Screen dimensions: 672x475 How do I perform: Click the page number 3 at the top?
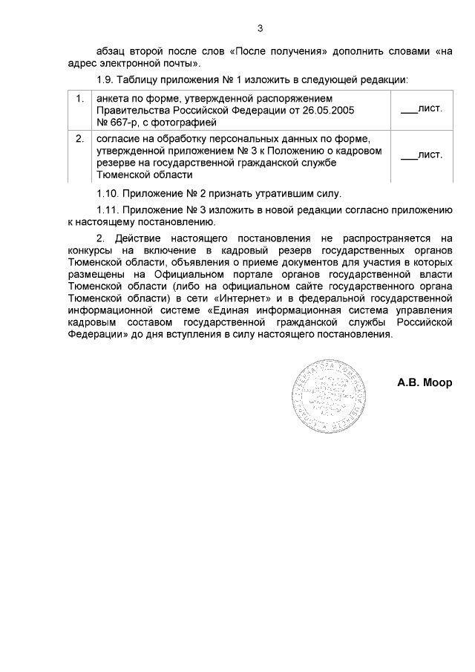260,29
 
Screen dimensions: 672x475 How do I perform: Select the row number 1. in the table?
79,98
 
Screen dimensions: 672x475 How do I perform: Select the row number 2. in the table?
79,139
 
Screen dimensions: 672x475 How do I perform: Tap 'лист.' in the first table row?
430,108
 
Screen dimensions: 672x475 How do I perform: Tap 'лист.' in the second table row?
430,155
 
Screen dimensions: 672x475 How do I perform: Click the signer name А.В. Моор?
425,384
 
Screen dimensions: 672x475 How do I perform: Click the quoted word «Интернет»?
238,299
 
